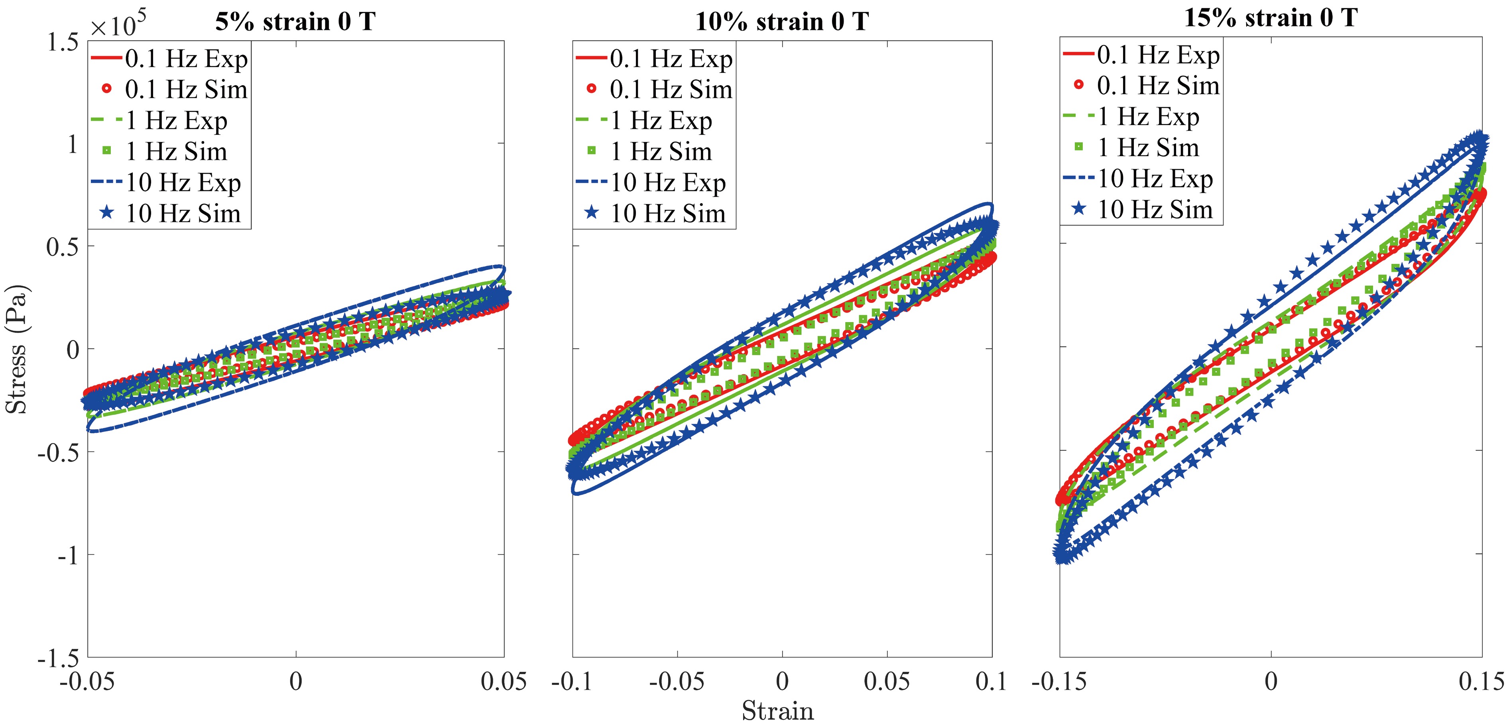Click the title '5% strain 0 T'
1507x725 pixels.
pyautogui.click(x=295, y=22)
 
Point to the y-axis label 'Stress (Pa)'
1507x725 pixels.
pyautogui.click(x=16, y=349)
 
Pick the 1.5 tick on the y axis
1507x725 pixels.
pyautogui.click(x=63, y=42)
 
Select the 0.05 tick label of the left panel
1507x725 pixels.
pyautogui.click(x=504, y=682)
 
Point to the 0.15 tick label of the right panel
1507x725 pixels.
pyautogui.click(x=1481, y=682)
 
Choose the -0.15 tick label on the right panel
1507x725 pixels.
pyautogui.click(x=1059, y=682)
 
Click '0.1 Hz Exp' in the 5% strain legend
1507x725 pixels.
pyautogui.click(x=186, y=59)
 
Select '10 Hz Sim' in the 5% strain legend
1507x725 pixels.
pyautogui.click(x=183, y=213)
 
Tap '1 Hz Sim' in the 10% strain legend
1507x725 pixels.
pyautogui.click(x=661, y=151)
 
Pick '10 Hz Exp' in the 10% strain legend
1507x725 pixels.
pyautogui.click(x=668, y=183)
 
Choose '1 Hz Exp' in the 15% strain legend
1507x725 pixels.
pyautogui.click(x=1148, y=117)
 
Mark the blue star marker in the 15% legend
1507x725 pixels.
pyautogui.click(x=1079, y=209)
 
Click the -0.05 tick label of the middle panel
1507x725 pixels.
pyautogui.click(x=677, y=682)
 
